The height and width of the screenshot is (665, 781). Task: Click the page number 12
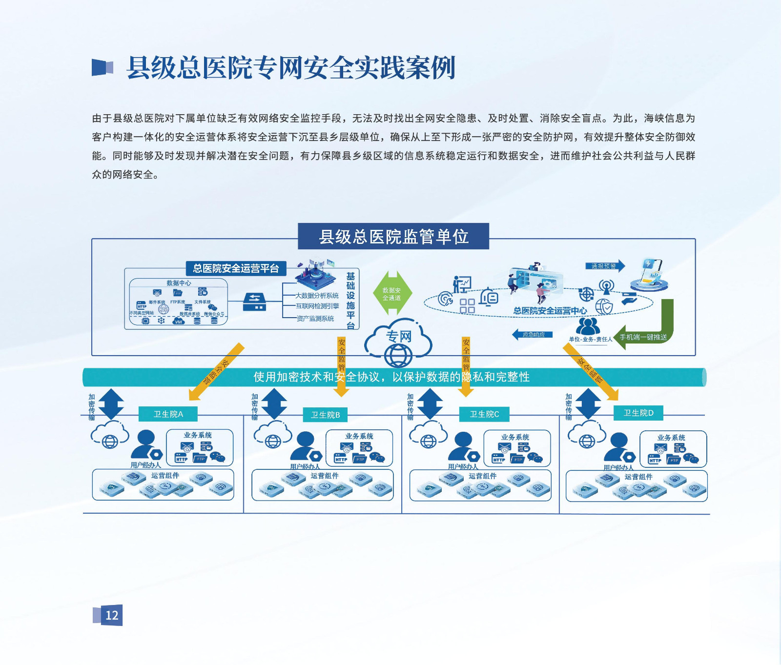tap(112, 615)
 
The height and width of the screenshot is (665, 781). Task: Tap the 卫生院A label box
tap(168, 414)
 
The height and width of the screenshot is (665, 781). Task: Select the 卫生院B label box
tap(326, 415)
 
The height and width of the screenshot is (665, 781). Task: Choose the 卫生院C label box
tap(484, 414)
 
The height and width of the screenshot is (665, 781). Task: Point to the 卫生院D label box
tap(638, 413)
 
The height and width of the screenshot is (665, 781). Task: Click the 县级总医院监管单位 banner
tap(393, 237)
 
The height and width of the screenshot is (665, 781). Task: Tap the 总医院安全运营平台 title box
tap(236, 268)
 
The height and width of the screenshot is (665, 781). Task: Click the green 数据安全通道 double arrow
tap(392, 294)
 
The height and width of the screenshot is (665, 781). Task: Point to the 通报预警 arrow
tap(605, 266)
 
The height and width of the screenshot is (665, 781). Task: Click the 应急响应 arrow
tap(533, 335)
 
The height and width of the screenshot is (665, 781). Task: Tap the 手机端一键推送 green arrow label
tap(643, 337)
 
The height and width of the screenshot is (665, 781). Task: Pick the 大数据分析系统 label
tap(317, 296)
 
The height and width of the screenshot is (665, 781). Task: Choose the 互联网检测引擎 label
tap(317, 306)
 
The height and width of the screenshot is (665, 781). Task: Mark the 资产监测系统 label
tap(315, 319)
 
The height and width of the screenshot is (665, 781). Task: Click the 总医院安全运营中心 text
tap(550, 311)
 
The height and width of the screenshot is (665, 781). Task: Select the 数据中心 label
tap(179, 283)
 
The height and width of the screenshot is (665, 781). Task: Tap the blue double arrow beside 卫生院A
tap(111, 404)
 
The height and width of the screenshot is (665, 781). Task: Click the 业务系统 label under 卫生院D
tap(671, 438)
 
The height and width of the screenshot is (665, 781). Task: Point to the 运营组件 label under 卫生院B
tap(325, 476)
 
